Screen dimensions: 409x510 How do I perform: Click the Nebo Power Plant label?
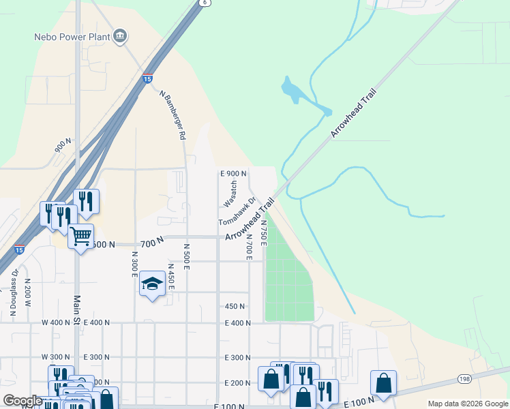pyautogui.click(x=72, y=35)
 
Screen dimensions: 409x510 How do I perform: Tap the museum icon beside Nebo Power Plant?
pyautogui.click(x=121, y=35)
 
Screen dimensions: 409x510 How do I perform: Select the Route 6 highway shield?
pyautogui.click(x=204, y=3)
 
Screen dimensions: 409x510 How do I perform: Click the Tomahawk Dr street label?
pyautogui.click(x=237, y=212)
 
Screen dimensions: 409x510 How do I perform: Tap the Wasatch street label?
pyautogui.click(x=232, y=194)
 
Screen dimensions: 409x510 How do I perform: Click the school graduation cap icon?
pyautogui.click(x=152, y=284)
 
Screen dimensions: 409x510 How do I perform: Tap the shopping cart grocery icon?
pyautogui.click(x=81, y=237)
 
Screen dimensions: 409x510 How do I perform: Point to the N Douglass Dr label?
pyautogui.click(x=14, y=293)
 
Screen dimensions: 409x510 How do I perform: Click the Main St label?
pyautogui.click(x=77, y=309)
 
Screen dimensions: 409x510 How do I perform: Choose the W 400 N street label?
pyautogui.click(x=56, y=322)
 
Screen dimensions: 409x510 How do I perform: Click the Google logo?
pyautogui.click(x=22, y=401)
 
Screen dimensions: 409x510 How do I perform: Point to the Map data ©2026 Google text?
pyautogui.click(x=467, y=404)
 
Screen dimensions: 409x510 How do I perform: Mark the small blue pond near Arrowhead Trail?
pyautogui.click(x=291, y=91)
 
